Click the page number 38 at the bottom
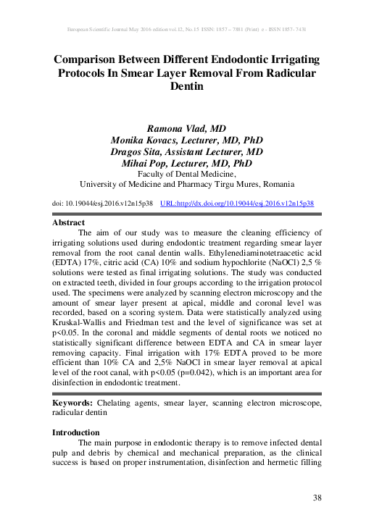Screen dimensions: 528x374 [317, 497]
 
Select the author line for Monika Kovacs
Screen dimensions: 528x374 [187, 139]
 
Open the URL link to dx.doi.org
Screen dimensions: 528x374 [236, 204]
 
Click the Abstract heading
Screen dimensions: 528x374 [69, 223]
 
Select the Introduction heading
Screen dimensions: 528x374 [76, 432]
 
